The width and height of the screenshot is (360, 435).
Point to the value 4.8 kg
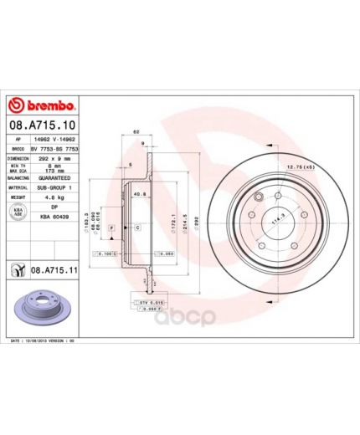coord(55,198)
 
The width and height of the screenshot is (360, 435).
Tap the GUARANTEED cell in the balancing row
coord(55,178)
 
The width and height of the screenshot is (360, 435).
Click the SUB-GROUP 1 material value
coord(55,188)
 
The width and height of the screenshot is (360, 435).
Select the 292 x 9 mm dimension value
coord(55,157)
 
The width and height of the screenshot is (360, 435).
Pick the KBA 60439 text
coord(55,219)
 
